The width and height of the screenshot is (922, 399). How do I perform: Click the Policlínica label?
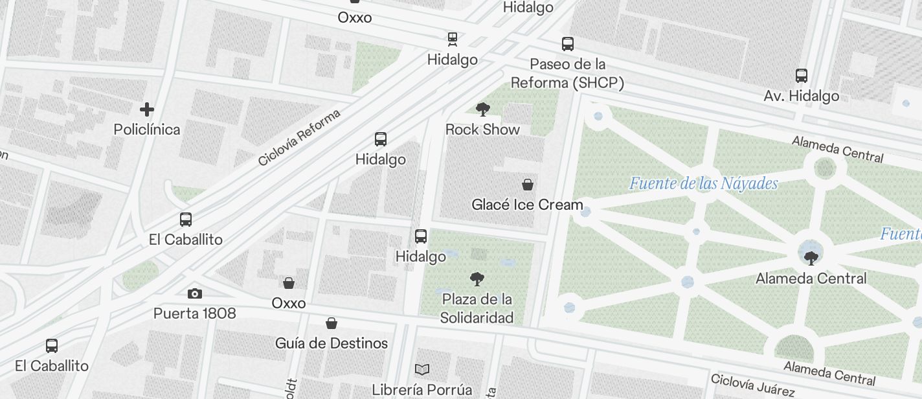[147, 130]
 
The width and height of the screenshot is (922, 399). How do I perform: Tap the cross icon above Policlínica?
[147, 109]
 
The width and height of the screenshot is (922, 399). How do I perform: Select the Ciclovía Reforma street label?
[298, 138]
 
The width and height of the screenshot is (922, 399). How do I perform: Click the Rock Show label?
[482, 130]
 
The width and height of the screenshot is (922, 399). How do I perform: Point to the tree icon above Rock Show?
[482, 109]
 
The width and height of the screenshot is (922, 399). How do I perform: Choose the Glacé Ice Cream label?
[527, 205]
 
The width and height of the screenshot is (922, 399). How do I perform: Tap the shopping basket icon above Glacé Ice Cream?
[528, 185]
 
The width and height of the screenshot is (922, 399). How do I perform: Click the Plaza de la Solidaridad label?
[477, 308]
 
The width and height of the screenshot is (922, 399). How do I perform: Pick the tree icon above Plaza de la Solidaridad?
[477, 279]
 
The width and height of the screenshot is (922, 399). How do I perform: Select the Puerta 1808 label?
[194, 313]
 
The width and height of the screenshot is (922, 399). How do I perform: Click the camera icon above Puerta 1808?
[194, 293]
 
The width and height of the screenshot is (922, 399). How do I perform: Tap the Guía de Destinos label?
[332, 343]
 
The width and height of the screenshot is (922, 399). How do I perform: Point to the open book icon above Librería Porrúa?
[422, 370]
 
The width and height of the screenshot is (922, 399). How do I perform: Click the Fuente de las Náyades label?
[703, 184]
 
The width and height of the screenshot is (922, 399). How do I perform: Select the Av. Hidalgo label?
[801, 96]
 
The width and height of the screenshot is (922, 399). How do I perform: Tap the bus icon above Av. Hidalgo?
[802, 75]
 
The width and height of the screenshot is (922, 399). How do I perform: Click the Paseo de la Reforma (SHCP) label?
[567, 73]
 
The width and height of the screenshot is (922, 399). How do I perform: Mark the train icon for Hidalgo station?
[453, 39]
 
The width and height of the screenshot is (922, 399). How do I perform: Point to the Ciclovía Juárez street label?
[752, 385]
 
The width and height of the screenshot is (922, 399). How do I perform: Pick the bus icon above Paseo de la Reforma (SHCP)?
[568, 44]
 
